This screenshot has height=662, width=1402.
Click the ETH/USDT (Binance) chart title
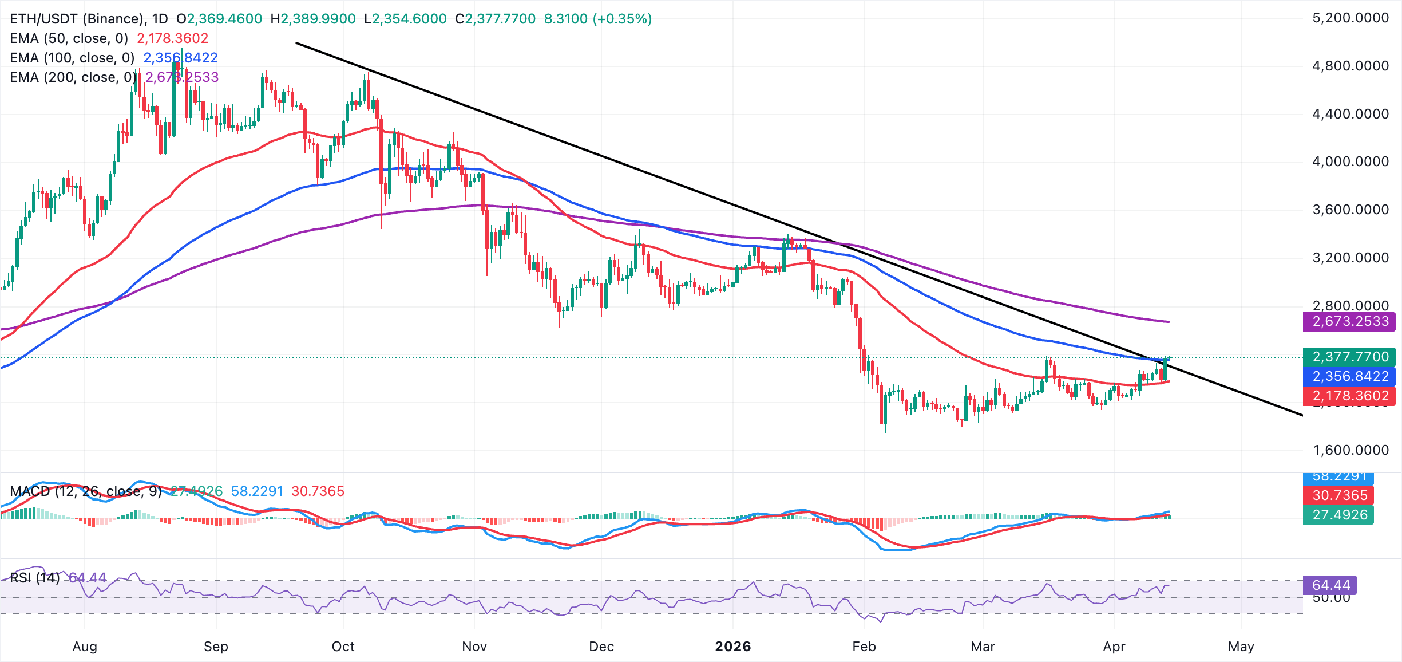tap(77, 19)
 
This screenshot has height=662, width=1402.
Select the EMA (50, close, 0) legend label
tap(69, 38)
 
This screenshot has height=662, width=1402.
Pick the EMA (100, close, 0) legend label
tap(72, 58)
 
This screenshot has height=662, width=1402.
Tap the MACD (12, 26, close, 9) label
tap(86, 491)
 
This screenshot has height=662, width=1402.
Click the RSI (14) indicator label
tap(34, 578)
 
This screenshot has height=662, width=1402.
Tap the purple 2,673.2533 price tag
tap(1349, 321)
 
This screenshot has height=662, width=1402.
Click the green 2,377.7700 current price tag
tap(1349, 357)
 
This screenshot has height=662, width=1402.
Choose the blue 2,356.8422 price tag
tap(1349, 376)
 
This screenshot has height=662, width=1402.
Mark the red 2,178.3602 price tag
tap(1349, 396)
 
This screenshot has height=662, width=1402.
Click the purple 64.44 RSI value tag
tap(1330, 585)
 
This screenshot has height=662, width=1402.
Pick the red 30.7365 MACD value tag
tap(1339, 495)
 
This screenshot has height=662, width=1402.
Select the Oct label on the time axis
tap(343, 647)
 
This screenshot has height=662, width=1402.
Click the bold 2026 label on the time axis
tap(733, 647)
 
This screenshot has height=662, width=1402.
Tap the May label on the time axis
tap(1241, 647)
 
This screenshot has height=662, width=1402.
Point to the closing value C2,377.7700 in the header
tap(496, 19)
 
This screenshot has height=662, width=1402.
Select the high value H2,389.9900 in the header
tap(313, 19)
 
